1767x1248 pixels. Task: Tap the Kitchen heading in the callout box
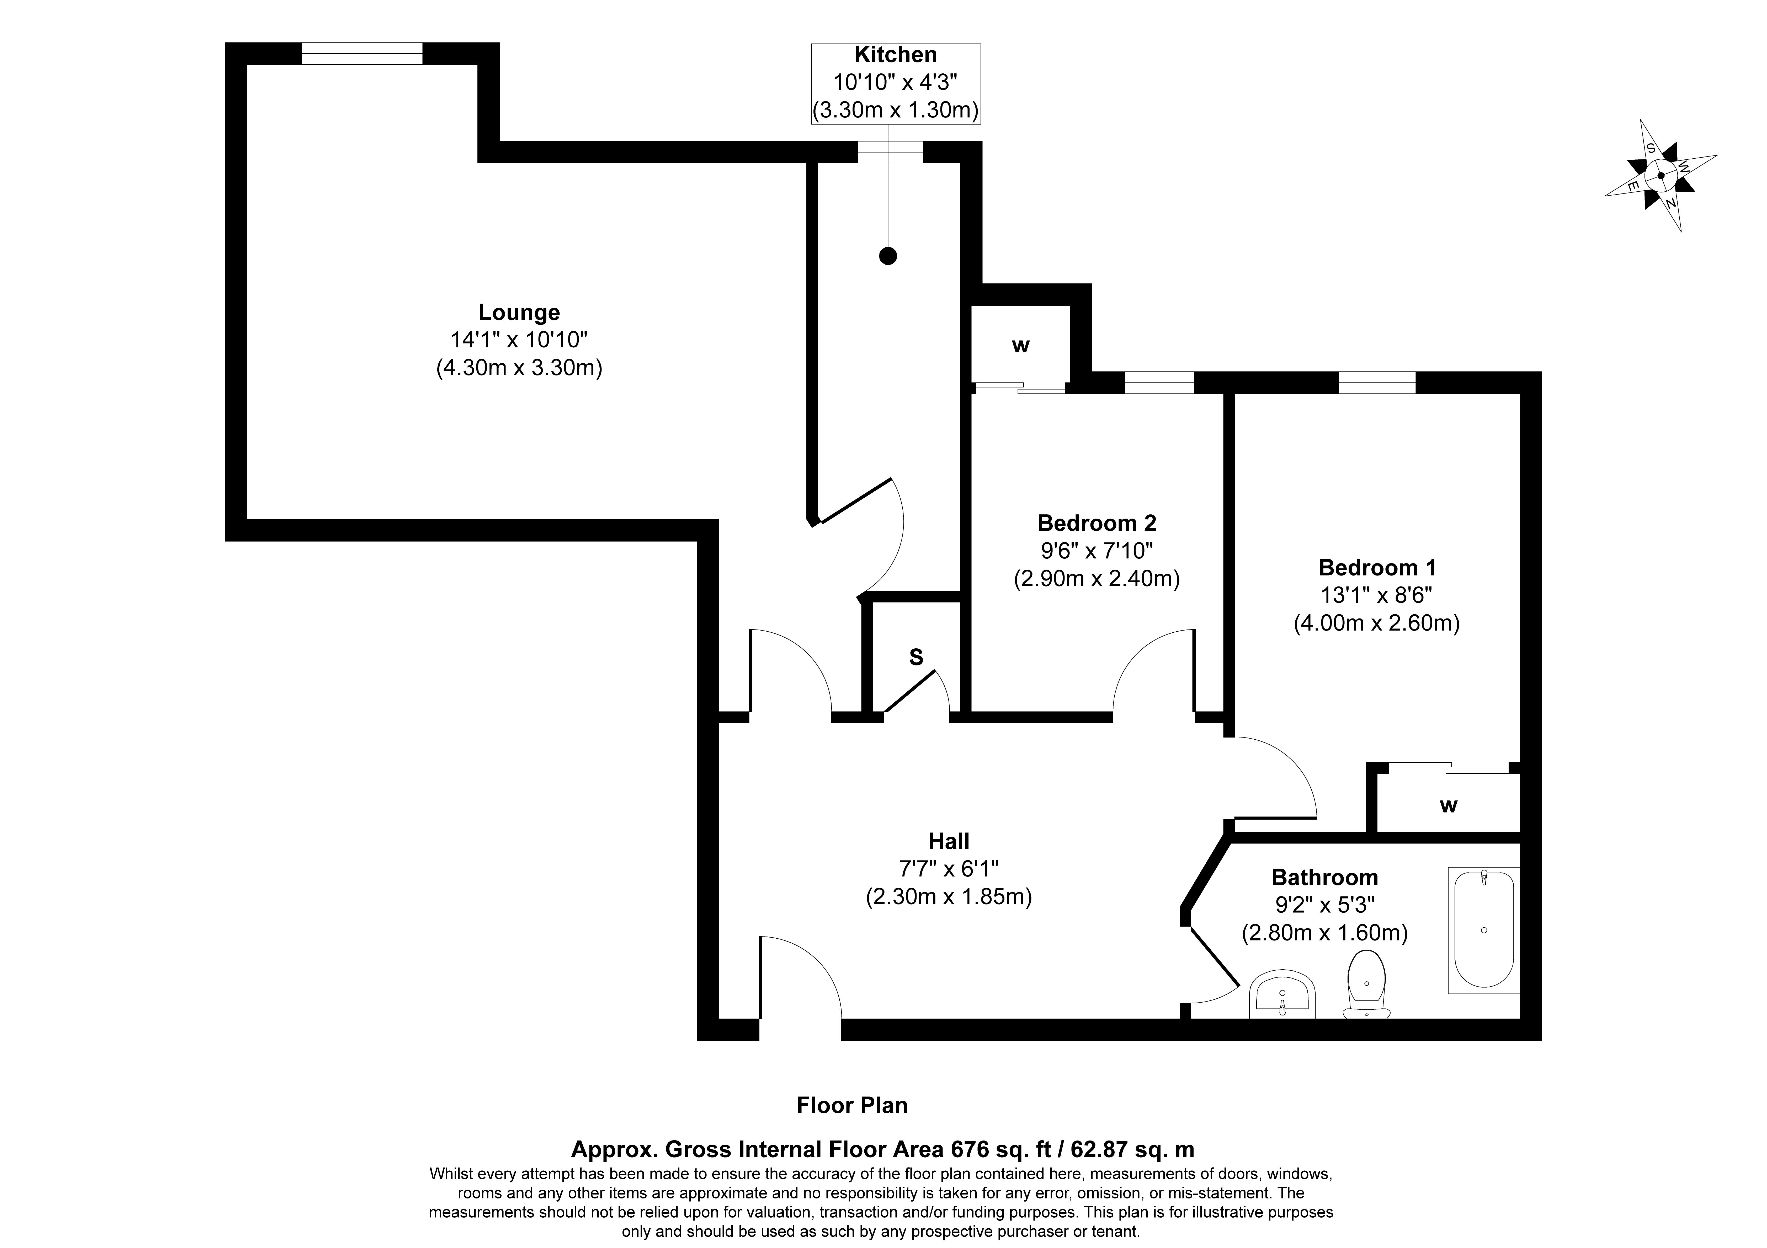click(896, 55)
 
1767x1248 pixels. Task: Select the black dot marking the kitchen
click(888, 256)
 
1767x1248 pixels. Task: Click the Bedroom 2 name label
click(1097, 523)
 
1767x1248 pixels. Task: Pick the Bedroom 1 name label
click(1377, 568)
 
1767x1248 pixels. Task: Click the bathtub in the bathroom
click(1484, 930)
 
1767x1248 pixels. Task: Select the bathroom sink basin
click(1282, 994)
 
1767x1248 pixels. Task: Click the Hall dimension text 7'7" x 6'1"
click(949, 869)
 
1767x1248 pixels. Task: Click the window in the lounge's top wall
click(362, 54)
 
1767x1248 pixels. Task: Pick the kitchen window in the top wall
click(890, 152)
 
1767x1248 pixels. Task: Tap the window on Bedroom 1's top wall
click(1377, 383)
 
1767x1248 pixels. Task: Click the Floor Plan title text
click(852, 1106)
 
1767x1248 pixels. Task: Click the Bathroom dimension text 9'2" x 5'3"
click(1324, 905)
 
